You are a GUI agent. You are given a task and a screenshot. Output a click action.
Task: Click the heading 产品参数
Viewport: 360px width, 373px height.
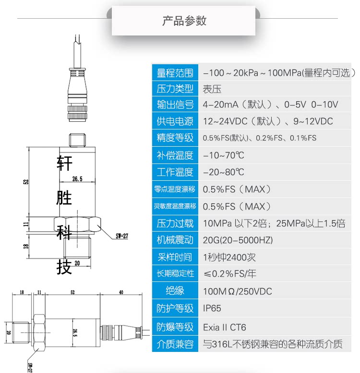coord(184,21)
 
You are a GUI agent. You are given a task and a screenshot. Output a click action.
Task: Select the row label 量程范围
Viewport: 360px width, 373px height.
coord(175,73)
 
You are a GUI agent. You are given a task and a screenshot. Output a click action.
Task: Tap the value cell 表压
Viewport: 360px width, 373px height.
coord(212,89)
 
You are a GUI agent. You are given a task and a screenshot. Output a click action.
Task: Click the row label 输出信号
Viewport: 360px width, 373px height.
coord(175,105)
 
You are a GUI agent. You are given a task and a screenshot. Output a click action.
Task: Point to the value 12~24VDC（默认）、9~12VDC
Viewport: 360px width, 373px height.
coord(268,121)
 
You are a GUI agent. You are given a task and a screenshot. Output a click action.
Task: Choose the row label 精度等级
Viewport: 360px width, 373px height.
coord(175,138)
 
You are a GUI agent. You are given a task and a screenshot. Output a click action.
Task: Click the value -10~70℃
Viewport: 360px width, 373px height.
coord(224,155)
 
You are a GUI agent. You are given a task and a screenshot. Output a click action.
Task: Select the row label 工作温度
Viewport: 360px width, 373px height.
coord(175,172)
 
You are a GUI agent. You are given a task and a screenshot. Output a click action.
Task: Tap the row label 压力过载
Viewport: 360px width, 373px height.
coord(175,223)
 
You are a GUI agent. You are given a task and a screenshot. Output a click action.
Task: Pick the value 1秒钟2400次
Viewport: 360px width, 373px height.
coord(229,257)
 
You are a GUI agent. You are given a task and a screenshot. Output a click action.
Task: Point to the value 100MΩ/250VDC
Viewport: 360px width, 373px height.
coord(238,291)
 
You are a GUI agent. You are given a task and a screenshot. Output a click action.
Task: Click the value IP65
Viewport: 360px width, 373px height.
coord(213,308)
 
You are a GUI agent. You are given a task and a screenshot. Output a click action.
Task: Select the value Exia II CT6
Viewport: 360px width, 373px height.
coord(225,327)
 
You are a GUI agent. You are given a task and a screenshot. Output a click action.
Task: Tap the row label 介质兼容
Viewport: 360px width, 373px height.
coord(175,344)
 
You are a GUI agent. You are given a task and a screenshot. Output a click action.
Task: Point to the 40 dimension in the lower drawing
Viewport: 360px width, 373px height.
coord(120,291)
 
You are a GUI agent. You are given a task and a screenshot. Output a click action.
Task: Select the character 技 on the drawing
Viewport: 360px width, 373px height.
coord(65,267)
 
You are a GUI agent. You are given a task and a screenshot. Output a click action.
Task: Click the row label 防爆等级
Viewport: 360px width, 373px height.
coord(175,327)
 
